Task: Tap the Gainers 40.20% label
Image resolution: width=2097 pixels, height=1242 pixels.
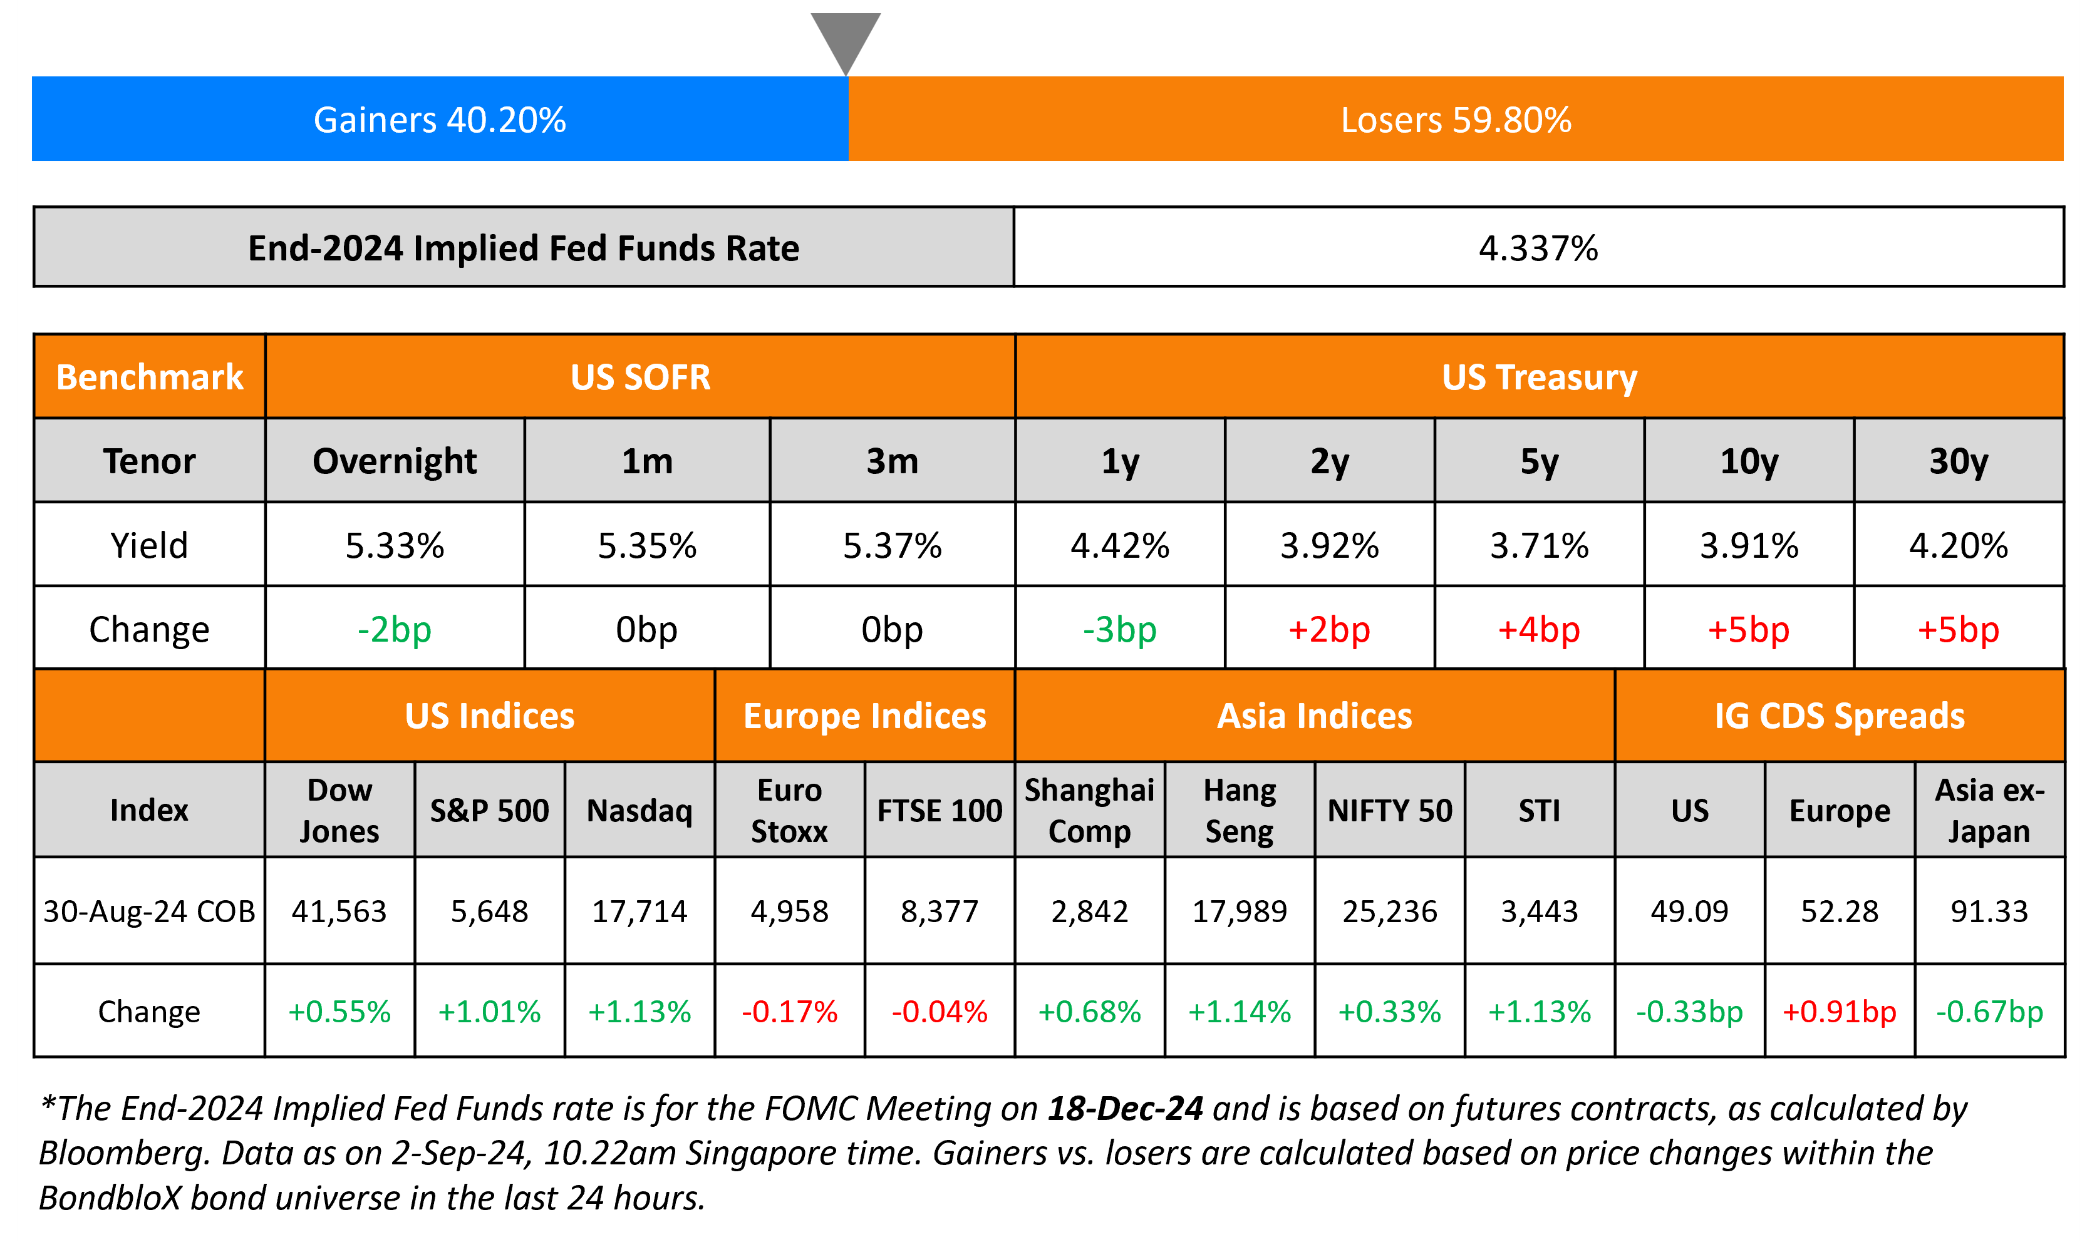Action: pyautogui.click(x=440, y=120)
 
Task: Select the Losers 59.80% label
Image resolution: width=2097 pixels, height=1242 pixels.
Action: pyautogui.click(x=1456, y=120)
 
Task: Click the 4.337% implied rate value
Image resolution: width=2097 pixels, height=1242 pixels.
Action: pyautogui.click(x=1538, y=248)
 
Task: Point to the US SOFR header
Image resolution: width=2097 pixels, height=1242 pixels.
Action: pyautogui.click(x=640, y=377)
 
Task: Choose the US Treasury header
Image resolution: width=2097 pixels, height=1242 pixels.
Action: pyautogui.click(x=1539, y=377)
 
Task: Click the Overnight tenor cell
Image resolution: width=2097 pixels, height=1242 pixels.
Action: pyautogui.click(x=395, y=461)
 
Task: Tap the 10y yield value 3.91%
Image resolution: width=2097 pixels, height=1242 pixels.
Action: pyautogui.click(x=1749, y=546)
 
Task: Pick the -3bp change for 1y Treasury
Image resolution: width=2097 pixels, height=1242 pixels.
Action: pyautogui.click(x=1119, y=629)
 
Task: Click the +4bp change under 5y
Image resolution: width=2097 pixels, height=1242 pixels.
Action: pyautogui.click(x=1539, y=629)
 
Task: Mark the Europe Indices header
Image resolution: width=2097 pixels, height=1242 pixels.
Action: pyautogui.click(x=865, y=716)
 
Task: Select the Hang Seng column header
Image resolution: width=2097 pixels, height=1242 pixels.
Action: pyautogui.click(x=1239, y=810)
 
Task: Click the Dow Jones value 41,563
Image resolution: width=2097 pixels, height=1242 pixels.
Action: pyautogui.click(x=339, y=911)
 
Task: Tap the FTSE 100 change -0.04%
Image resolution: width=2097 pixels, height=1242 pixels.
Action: pyautogui.click(x=940, y=1011)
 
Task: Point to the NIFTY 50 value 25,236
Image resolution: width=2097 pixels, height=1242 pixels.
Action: pyautogui.click(x=1390, y=911)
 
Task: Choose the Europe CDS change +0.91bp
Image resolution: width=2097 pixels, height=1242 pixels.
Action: pyautogui.click(x=1839, y=1011)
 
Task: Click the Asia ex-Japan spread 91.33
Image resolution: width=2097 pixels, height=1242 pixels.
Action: pyautogui.click(x=1989, y=911)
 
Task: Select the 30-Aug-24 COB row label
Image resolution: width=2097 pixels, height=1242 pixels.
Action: pyautogui.click(x=149, y=911)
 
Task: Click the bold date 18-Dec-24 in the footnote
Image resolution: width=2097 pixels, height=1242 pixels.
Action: pyautogui.click(x=1125, y=1108)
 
